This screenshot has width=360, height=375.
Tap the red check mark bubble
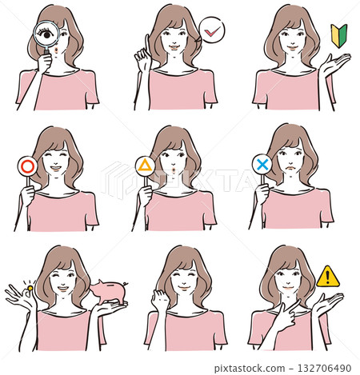[x=212, y=31]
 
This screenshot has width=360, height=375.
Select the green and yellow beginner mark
[x=338, y=34]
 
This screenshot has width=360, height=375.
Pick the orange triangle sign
[x=145, y=166]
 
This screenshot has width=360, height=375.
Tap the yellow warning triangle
[x=328, y=277]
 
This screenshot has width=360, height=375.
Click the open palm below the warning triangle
[x=327, y=302]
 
